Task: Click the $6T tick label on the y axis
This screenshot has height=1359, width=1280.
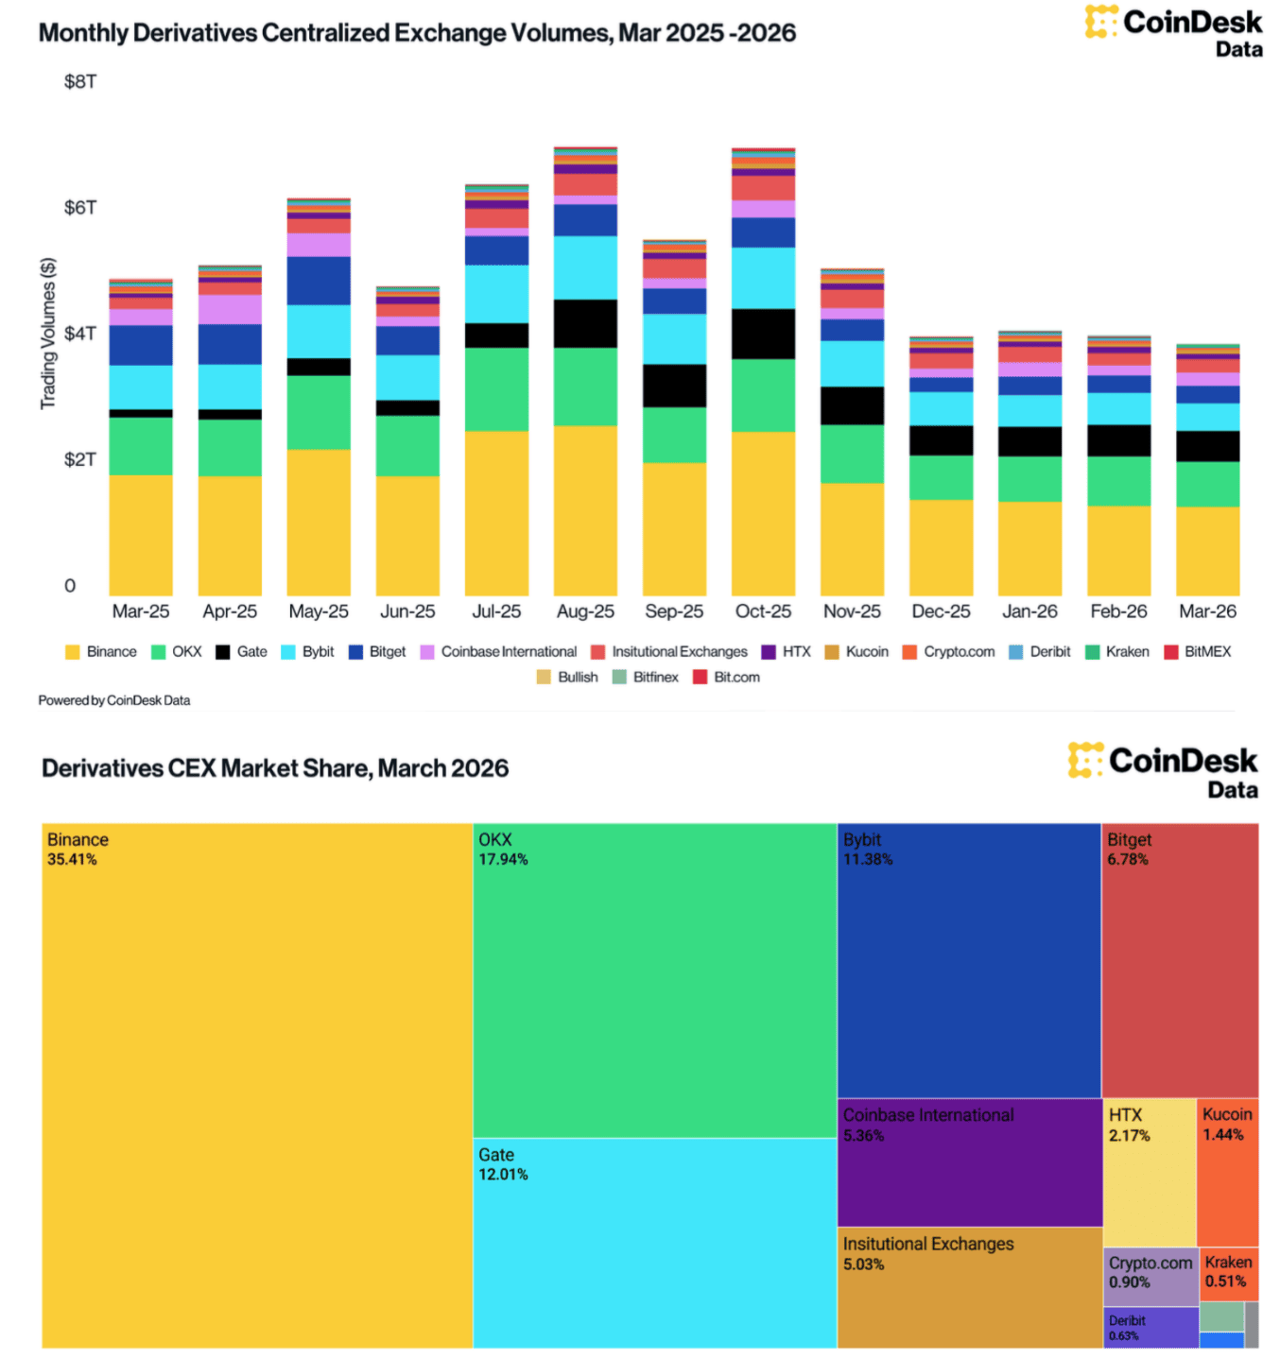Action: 79,208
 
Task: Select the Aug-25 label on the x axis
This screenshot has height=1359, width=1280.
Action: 585,611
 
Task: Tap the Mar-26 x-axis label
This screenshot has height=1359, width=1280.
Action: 1207,611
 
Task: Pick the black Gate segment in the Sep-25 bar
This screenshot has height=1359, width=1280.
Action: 674,386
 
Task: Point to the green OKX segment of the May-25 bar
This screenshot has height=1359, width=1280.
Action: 319,412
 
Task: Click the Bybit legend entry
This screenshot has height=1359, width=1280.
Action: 308,652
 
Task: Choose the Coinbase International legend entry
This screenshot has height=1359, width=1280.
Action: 498,652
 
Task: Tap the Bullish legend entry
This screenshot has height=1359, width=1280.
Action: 567,678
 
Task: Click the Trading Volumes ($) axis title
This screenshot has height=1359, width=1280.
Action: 47,334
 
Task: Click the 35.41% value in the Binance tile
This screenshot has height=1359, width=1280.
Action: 72,860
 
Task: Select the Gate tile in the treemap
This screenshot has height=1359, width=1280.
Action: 654,1243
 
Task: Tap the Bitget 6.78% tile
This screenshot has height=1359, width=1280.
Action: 1180,959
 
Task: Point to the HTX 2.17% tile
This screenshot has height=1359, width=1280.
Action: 1150,1172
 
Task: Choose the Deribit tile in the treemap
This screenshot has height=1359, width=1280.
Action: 1150,1327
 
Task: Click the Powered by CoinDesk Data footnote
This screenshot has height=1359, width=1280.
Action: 114,701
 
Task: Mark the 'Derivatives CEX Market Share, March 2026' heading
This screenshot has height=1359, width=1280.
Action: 275,768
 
